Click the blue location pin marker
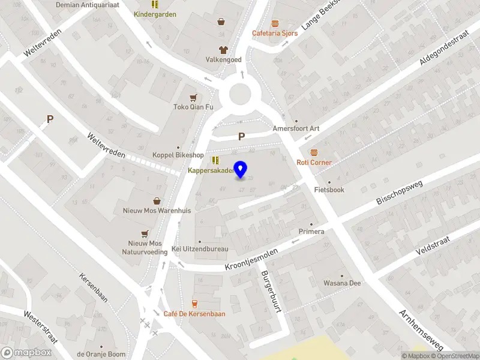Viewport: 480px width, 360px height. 241,170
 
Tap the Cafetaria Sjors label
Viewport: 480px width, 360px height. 275,33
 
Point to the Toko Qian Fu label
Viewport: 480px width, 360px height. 193,107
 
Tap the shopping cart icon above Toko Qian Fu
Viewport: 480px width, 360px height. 193,97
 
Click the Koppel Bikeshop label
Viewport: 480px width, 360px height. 178,155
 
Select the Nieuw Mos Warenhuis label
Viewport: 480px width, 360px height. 157,211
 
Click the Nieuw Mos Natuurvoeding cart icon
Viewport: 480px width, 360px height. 145,233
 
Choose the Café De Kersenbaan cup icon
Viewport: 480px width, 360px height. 194,304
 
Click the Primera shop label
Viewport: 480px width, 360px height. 311,232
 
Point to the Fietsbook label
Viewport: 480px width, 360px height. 329,190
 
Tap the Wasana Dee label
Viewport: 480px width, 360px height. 342,283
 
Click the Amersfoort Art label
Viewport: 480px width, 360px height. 296,128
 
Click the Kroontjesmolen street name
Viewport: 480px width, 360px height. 251,259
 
